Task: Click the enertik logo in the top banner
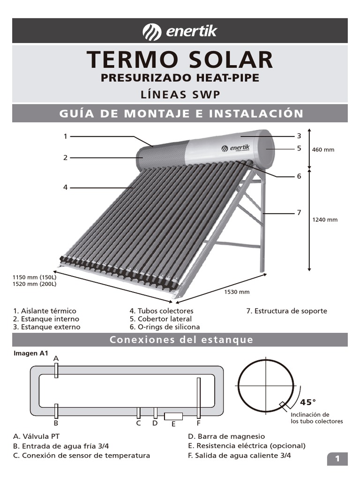coord(180,32)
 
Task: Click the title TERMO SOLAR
coord(180,60)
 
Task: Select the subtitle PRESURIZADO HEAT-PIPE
coord(180,78)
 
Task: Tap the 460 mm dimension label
coord(323,150)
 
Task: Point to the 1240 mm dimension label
coord(325,219)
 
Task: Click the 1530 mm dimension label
coord(237,292)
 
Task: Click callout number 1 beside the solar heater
coord(66,136)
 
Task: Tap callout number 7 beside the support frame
coord(299,213)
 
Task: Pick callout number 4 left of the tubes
coord(66,187)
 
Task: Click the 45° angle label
coord(308,402)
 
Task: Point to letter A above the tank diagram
coord(56,358)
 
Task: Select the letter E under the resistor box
coord(173,424)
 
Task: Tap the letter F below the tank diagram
coord(198,423)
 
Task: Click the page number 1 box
coord(337,459)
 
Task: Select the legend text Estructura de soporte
coord(287,311)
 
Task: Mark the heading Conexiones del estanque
coord(181,340)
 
